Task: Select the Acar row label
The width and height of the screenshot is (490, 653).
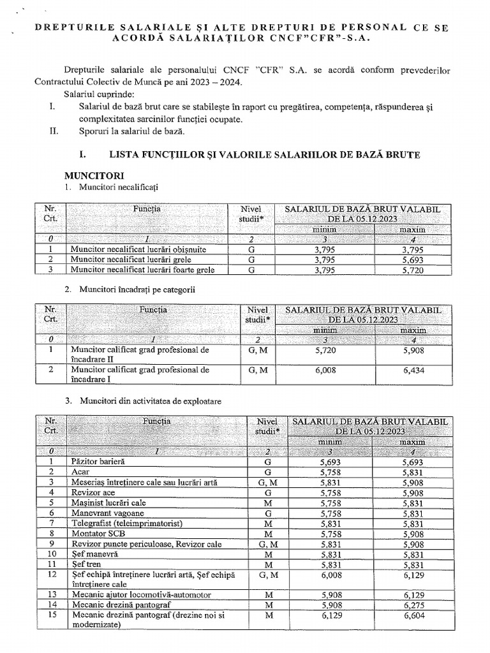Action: click(x=80, y=472)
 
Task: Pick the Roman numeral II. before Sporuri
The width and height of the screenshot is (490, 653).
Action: click(x=54, y=131)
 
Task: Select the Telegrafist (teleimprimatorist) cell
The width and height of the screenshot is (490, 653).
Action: click(x=127, y=523)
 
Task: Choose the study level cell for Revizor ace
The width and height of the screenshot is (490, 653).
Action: click(x=268, y=492)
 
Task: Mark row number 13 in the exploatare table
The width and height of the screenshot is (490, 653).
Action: click(x=53, y=595)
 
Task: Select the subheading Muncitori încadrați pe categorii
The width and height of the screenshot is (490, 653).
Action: click(x=137, y=290)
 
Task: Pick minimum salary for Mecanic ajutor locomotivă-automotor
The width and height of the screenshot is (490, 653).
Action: click(x=323, y=595)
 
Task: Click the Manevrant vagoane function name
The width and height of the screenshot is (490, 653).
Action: click(x=107, y=513)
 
